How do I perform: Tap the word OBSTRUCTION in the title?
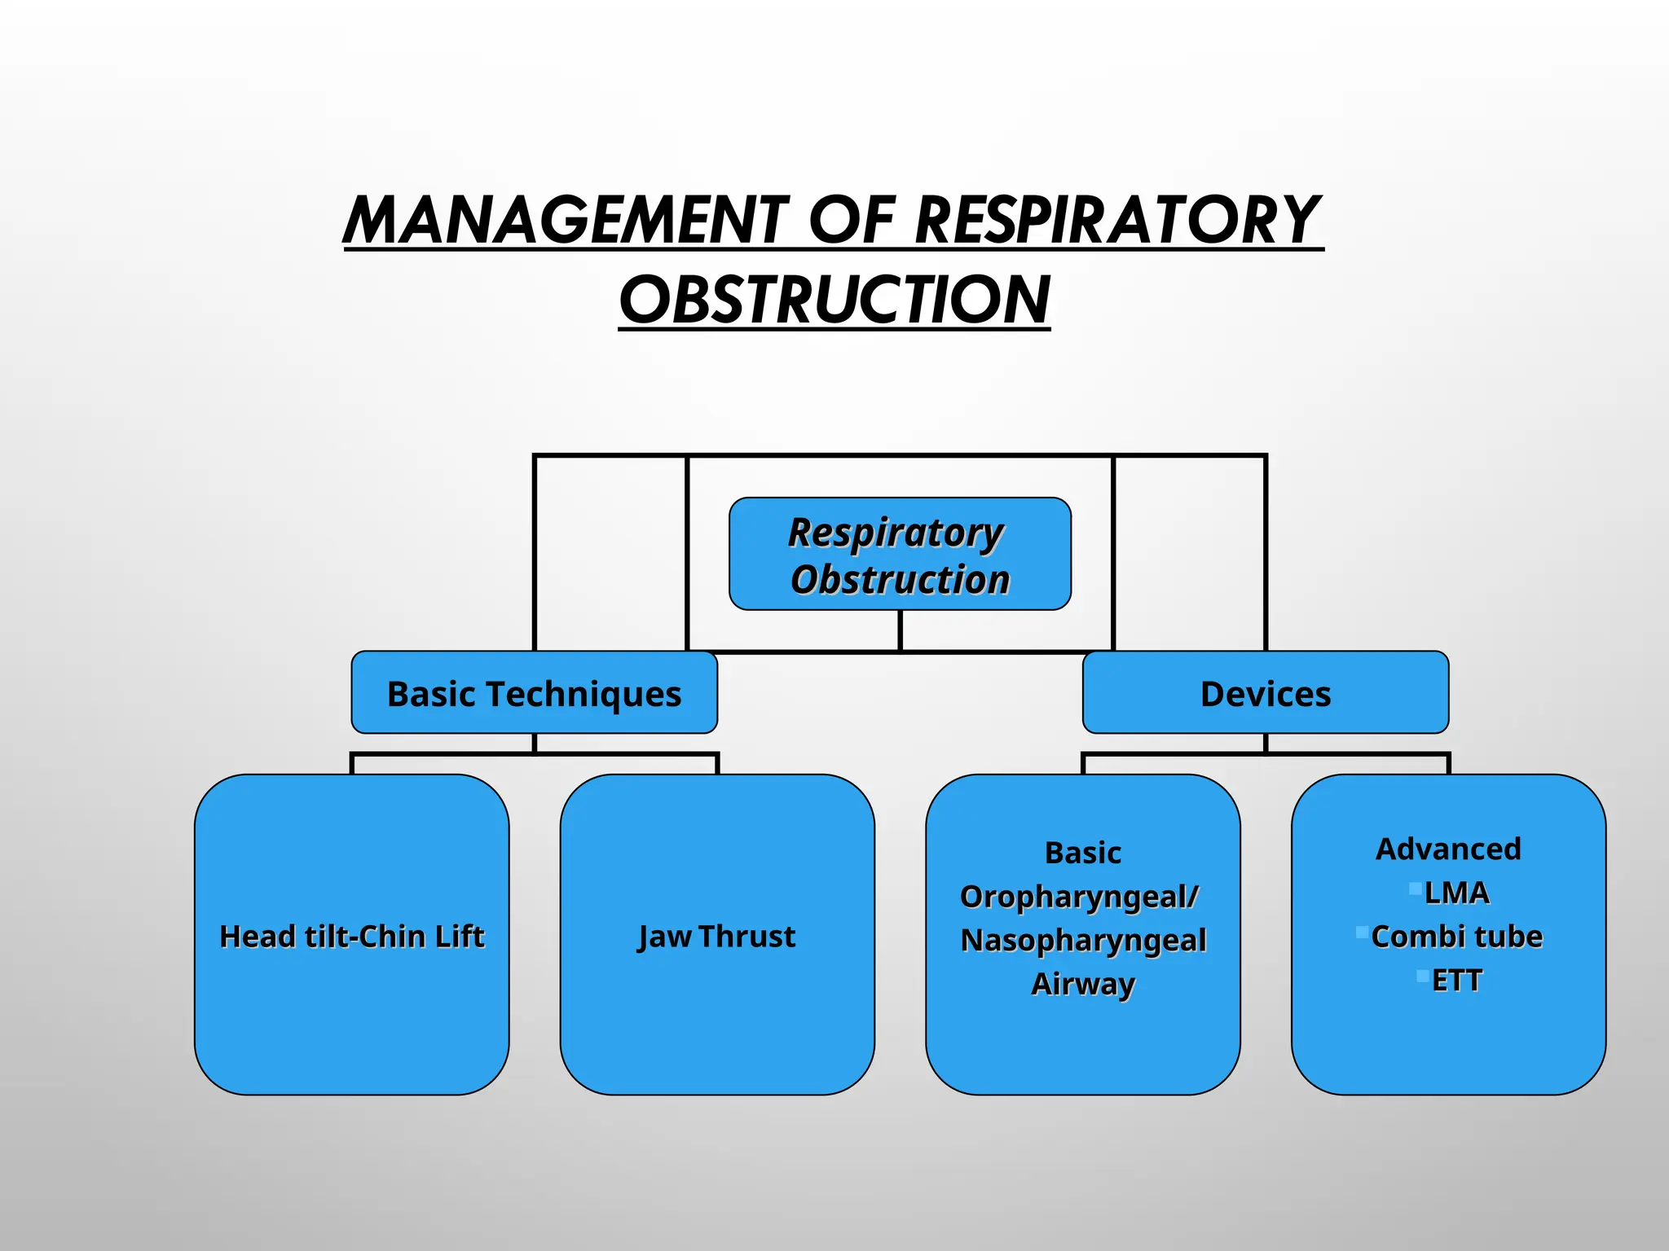coord(834,300)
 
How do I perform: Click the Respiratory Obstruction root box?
coord(900,554)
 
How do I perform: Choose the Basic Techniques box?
coord(534,693)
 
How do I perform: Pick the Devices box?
coord(1265,693)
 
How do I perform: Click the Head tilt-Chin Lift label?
coord(352,937)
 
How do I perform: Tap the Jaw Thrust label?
coord(716,937)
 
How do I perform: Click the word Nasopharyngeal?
coord(1083,941)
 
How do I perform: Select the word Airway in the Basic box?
coord(1083,984)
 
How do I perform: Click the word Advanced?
coord(1448,849)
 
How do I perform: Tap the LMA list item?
coord(1457,893)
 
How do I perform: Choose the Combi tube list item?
coord(1457,937)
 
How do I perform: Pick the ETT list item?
coord(1457,981)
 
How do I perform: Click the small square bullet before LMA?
coord(1416,888)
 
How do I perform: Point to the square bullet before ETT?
coord(1423,976)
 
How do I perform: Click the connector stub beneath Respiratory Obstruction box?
coord(900,630)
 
